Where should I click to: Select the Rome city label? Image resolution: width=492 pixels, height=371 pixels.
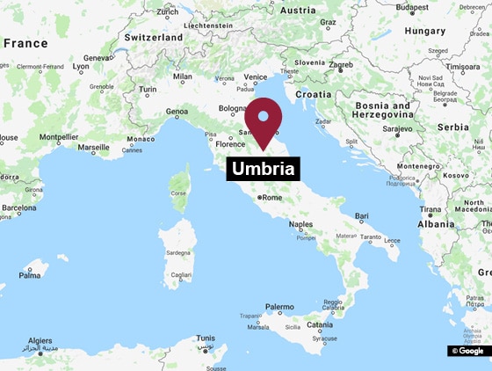[x=271, y=198]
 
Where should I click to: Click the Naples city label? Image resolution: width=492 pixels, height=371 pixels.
[x=300, y=225]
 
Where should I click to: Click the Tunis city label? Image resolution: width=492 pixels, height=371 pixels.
[x=206, y=338]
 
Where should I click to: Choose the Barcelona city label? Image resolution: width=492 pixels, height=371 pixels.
[x=18, y=208]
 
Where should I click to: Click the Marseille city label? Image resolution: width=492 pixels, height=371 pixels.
[x=94, y=148]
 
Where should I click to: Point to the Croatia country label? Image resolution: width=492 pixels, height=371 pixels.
[x=313, y=93]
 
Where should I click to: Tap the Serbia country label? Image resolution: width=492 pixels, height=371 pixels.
[x=452, y=127]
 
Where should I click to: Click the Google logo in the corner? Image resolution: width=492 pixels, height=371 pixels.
[x=468, y=351]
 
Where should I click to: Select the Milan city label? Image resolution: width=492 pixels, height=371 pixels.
[x=183, y=76]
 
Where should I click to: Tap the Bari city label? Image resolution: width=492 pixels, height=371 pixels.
[x=361, y=215]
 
